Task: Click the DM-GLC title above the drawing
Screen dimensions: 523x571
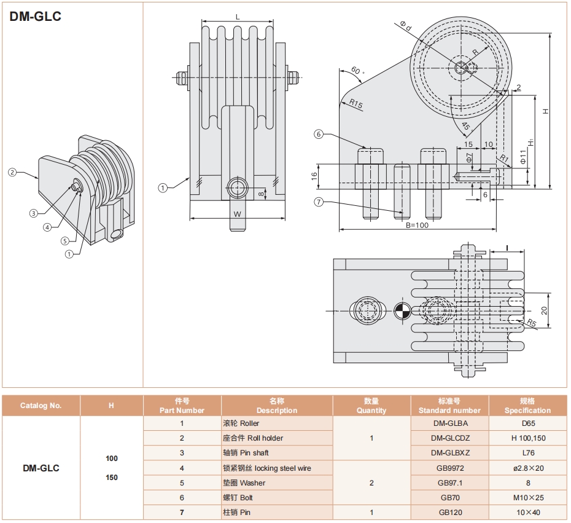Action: pyautogui.click(x=36, y=17)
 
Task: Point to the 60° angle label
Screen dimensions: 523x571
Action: pyautogui.click(x=359, y=71)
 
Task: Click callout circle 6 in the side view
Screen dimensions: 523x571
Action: pyautogui.click(x=318, y=134)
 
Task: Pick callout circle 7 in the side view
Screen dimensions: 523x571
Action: pyautogui.click(x=318, y=202)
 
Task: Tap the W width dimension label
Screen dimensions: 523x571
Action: pyautogui.click(x=237, y=213)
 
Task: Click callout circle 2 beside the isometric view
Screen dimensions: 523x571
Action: pyautogui.click(x=12, y=172)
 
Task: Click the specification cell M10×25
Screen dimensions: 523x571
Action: pyautogui.click(x=527, y=497)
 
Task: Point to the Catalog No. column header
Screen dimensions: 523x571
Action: pyautogui.click(x=41, y=406)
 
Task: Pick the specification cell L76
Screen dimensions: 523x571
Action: pyautogui.click(x=527, y=453)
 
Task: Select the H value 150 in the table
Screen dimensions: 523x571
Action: pyautogui.click(x=111, y=478)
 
